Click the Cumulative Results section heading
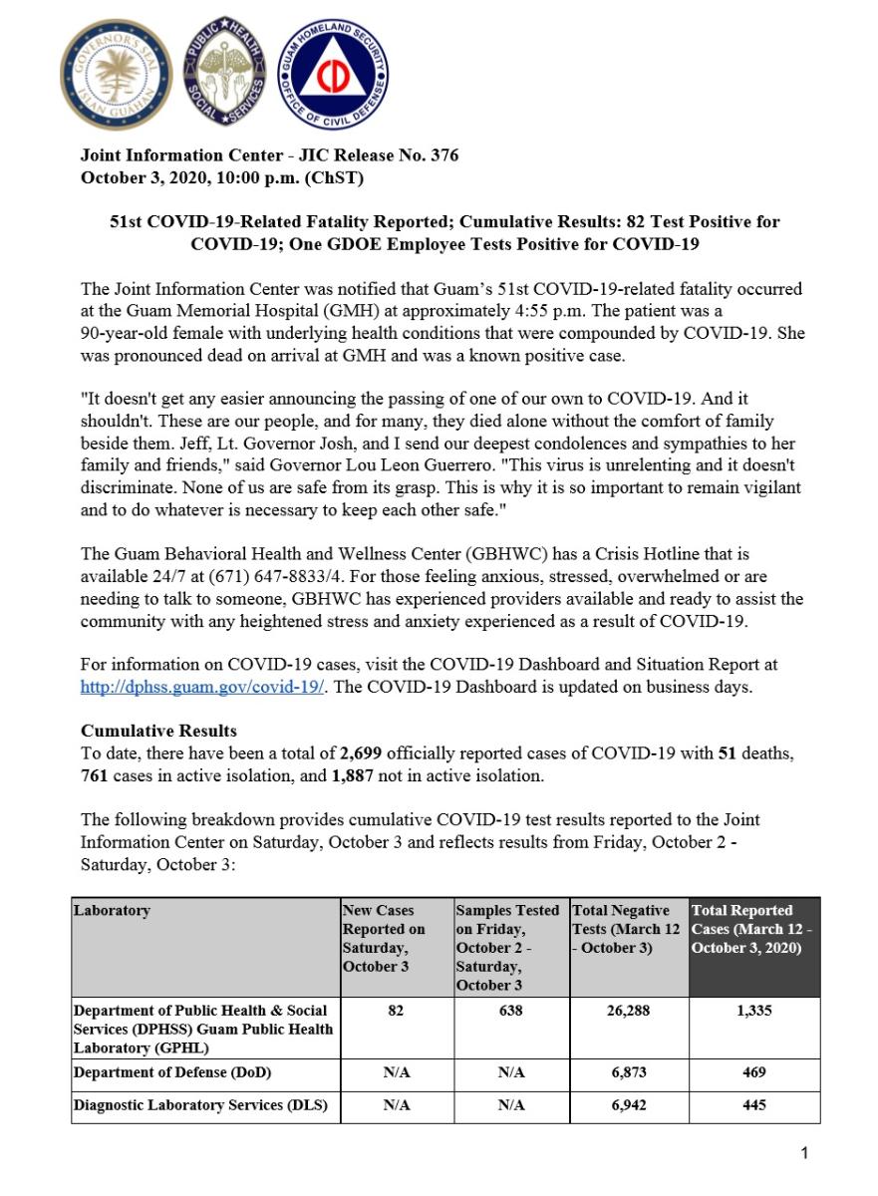158,731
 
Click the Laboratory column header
112,911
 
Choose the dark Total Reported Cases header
753,929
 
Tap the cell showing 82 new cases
396,1011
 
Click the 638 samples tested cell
510,1011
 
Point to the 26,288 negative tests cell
628,1011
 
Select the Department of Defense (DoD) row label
171,1073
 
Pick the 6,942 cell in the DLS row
628,1104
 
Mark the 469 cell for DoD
754,1073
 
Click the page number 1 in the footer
804,1153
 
